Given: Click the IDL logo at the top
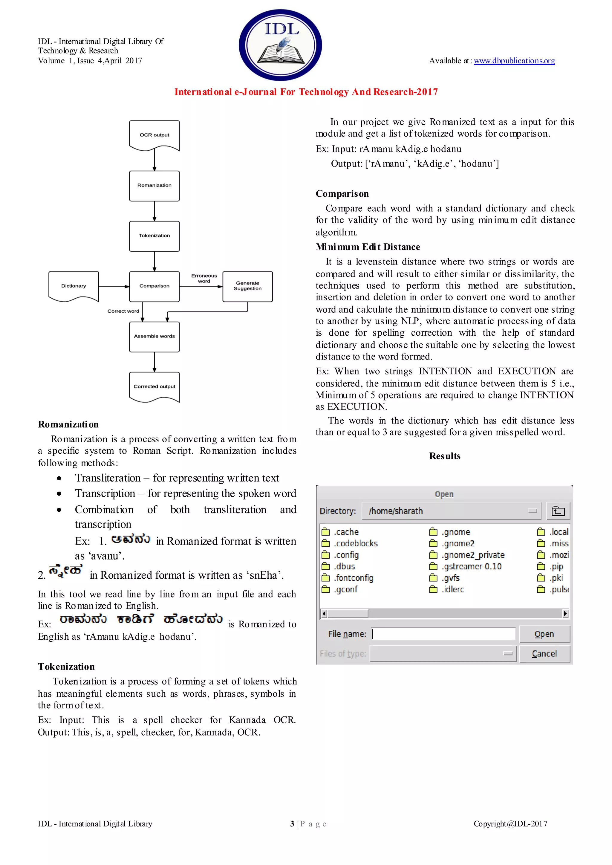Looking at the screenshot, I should pos(280,45).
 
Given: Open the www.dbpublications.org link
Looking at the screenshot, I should pos(514,61).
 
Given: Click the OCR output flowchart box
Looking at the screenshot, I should pos(154,135).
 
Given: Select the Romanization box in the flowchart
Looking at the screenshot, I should pos(154,185).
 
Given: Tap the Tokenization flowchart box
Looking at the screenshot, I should pos(154,236).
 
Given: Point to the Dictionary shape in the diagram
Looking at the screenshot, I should pos(74,286).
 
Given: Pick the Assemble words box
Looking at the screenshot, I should pos(154,336).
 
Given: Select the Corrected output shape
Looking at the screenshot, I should pos(154,386).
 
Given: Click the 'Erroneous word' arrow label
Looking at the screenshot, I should pos(204,279).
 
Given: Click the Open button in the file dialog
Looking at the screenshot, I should pos(544,634).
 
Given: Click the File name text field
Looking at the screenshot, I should pos(443,634).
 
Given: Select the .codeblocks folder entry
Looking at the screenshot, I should pos(355,543).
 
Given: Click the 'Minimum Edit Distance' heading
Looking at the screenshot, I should pos(368,247).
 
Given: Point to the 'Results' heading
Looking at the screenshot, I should pos(445,456).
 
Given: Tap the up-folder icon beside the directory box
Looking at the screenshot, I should pos(558,511).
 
